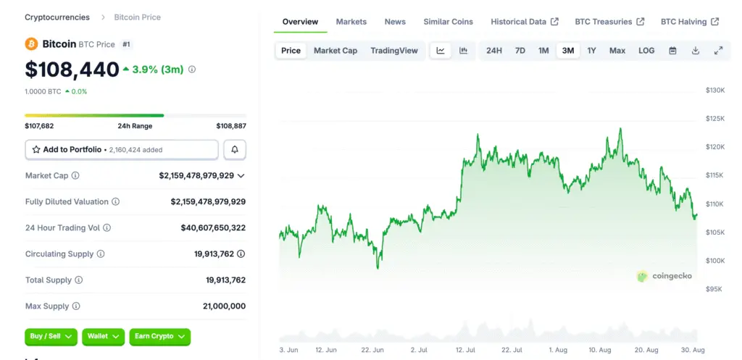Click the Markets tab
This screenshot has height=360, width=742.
pyautogui.click(x=351, y=22)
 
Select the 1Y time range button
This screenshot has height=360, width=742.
pyautogui.click(x=591, y=51)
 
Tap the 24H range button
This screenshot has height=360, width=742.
pyautogui.click(x=493, y=51)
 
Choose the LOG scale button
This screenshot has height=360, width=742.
pyautogui.click(x=646, y=51)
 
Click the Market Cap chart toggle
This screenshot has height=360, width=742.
pyautogui.click(x=335, y=51)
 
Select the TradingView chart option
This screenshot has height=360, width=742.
pyautogui.click(x=394, y=51)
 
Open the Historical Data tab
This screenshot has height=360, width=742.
pyautogui.click(x=524, y=22)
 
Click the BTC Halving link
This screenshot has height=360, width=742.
pyautogui.click(x=689, y=22)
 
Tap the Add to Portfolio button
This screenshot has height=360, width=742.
pyautogui.click(x=122, y=149)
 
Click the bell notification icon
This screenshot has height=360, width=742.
pyautogui.click(x=235, y=149)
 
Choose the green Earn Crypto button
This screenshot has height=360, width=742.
pyautogui.click(x=159, y=336)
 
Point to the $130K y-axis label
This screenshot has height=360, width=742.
pyautogui.click(x=715, y=90)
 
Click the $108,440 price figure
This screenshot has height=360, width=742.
pyautogui.click(x=72, y=70)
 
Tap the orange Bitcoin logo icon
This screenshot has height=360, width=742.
pyautogui.click(x=31, y=44)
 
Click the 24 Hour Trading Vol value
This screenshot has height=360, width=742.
pyautogui.click(x=213, y=227)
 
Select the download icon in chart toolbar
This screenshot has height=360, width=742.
pyautogui.click(x=696, y=51)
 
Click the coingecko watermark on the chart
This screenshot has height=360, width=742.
pyautogui.click(x=664, y=276)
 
